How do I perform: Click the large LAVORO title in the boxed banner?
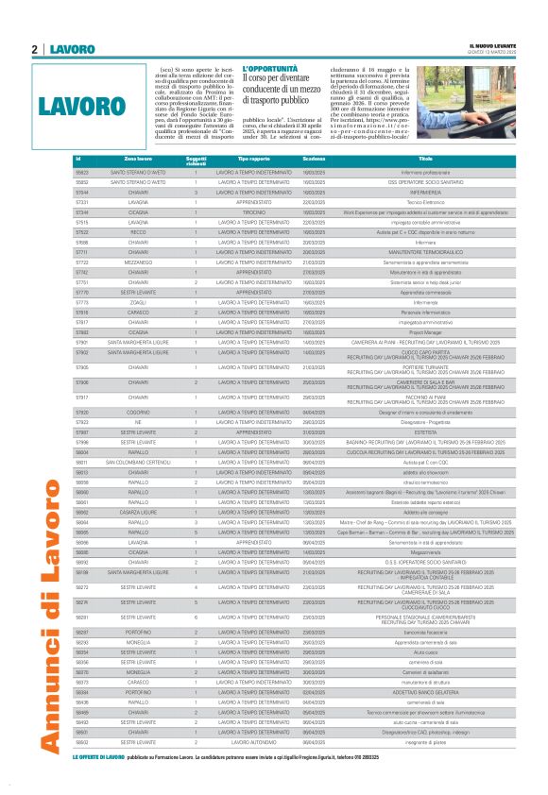point(83,104)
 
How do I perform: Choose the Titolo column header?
point(425,159)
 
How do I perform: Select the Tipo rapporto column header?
point(253,159)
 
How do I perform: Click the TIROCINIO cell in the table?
point(253,213)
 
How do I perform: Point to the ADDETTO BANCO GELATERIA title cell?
point(425,692)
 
